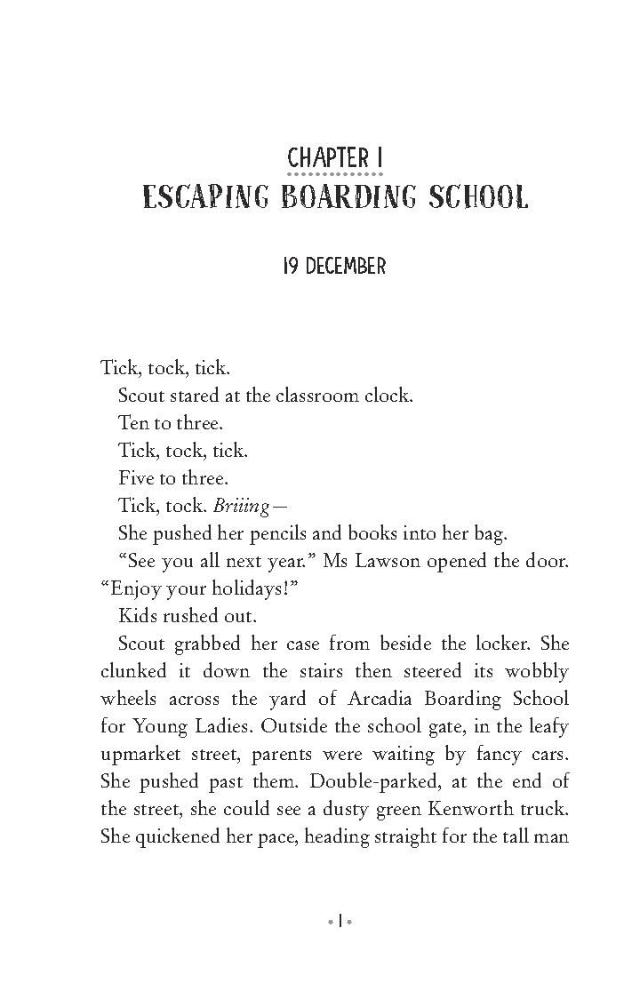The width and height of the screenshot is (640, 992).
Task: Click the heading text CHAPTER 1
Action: coord(336,159)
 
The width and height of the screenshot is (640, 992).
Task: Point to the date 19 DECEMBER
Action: coord(334,267)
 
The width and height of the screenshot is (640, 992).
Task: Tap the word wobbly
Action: coord(533,671)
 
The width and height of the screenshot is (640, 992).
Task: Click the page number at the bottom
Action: coord(339,921)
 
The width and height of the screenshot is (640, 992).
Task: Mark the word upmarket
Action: coord(143,755)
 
